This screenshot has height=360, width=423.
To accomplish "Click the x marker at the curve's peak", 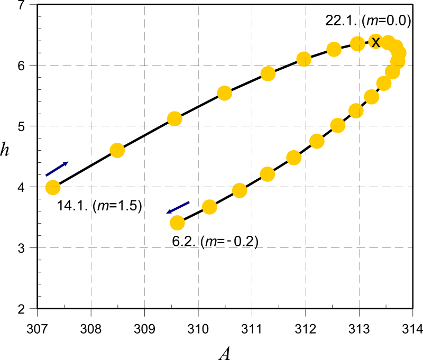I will [x=375, y=42].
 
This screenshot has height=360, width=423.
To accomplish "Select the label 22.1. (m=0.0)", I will [x=368, y=21].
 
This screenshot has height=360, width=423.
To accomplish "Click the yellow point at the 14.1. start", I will [x=52, y=187].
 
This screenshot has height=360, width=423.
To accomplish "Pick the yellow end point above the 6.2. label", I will [x=177, y=223].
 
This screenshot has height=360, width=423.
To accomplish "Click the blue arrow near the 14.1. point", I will [x=57, y=169].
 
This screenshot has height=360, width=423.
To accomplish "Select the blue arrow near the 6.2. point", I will [x=178, y=207].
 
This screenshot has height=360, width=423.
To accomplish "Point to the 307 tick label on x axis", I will [x=38, y=329].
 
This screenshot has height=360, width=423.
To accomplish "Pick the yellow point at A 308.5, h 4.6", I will [x=117, y=151].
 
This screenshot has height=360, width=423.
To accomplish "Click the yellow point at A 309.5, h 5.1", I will [x=174, y=118].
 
